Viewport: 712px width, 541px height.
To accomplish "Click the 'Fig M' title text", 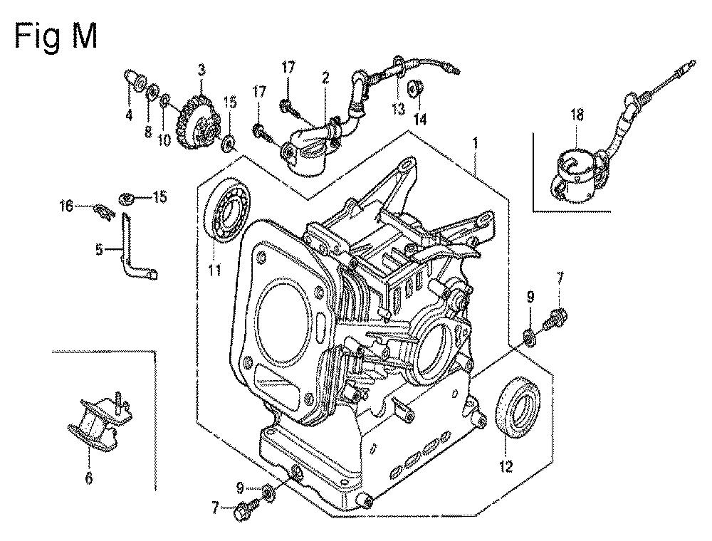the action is pyautogui.click(x=56, y=36).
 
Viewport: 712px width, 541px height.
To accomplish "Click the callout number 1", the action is pyautogui.click(x=475, y=144).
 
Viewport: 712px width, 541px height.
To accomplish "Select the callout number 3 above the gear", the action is pyautogui.click(x=201, y=70).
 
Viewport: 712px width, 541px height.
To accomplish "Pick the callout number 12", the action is pyautogui.click(x=506, y=466).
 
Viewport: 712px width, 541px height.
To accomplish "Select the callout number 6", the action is pyautogui.click(x=88, y=478).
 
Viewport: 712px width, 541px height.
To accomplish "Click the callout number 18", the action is pyautogui.click(x=577, y=115).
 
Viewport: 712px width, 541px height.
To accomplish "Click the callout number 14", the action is pyautogui.click(x=420, y=120).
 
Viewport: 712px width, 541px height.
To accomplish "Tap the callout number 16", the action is pyautogui.click(x=66, y=206).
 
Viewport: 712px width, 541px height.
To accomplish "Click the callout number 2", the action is pyautogui.click(x=325, y=78).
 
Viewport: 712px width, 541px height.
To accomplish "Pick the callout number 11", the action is pyautogui.click(x=214, y=270).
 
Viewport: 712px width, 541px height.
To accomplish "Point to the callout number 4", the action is pyautogui.click(x=129, y=115).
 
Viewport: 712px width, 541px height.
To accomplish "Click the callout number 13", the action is pyautogui.click(x=398, y=109).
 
